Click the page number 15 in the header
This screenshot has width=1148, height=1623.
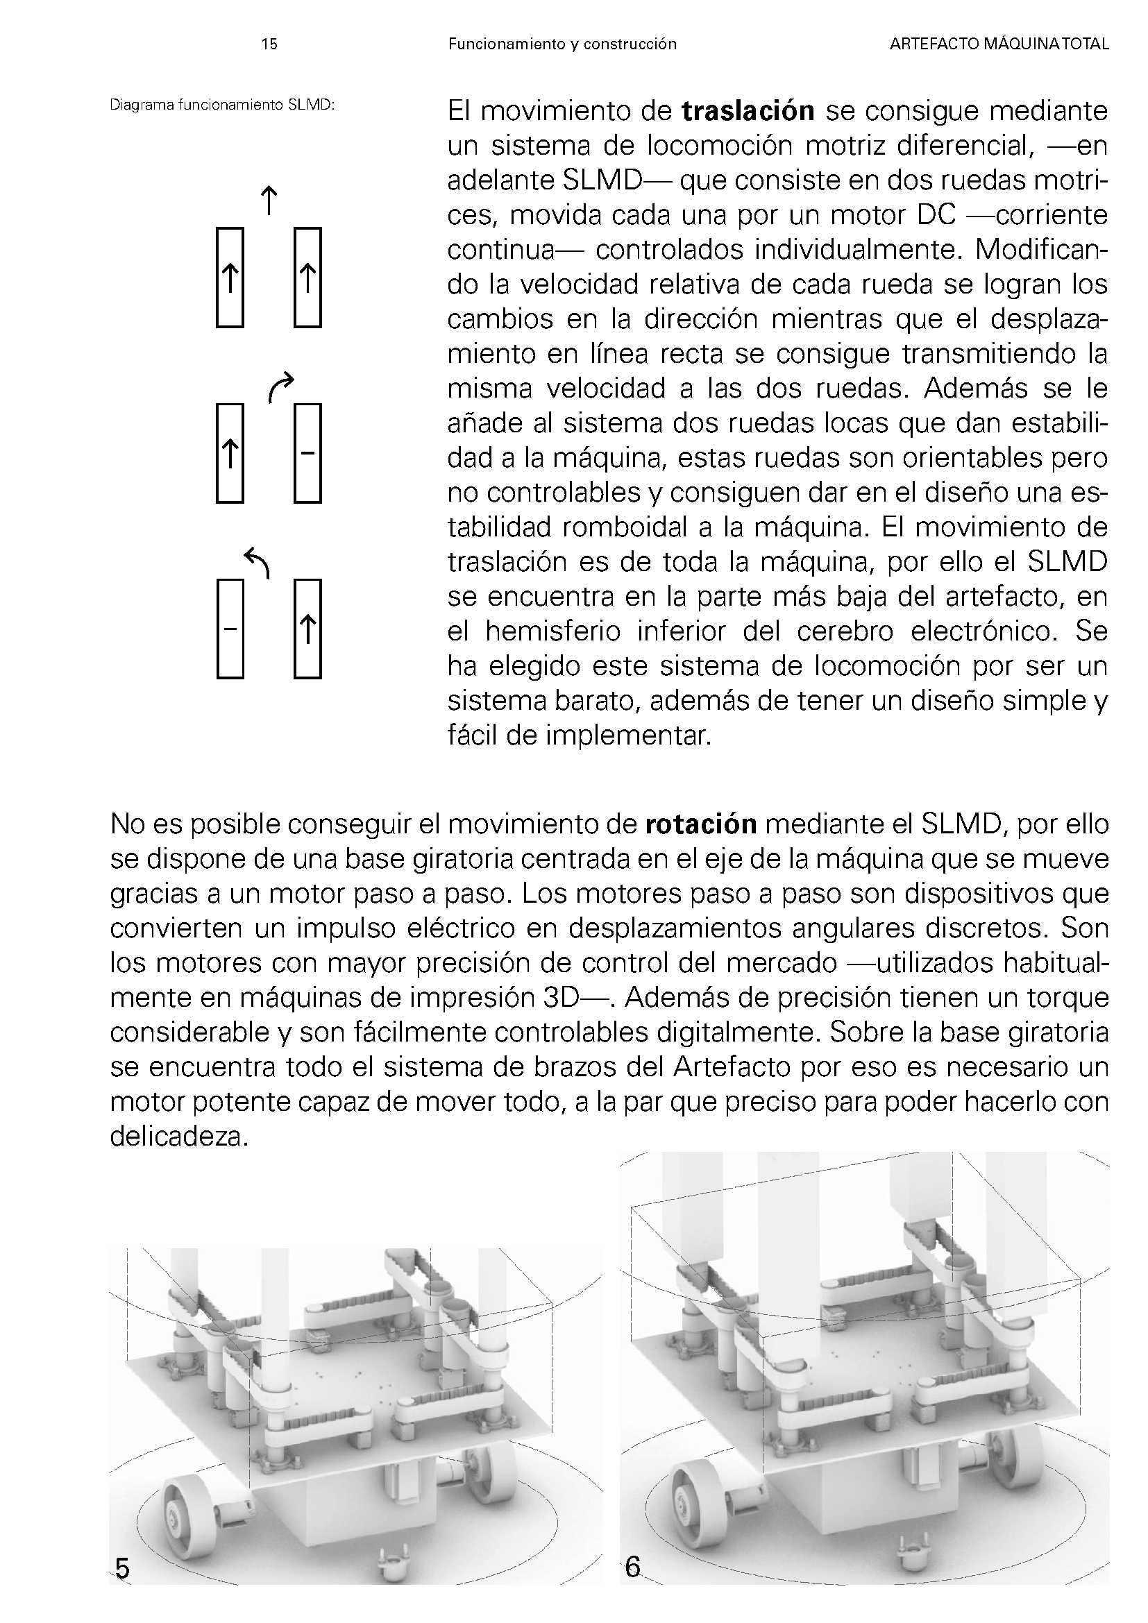[x=269, y=44]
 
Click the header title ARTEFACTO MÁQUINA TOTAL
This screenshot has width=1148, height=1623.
[x=999, y=44]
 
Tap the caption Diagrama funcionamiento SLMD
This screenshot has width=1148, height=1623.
[x=222, y=105]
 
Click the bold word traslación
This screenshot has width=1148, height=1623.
[x=748, y=112]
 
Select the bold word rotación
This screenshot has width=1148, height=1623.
[x=701, y=824]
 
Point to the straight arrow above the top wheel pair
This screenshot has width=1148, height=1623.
[x=269, y=200]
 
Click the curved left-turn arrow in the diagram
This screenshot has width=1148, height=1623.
[x=258, y=563]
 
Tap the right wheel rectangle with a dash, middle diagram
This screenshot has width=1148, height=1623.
[x=307, y=452]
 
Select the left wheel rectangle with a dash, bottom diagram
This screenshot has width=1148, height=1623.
[x=230, y=629]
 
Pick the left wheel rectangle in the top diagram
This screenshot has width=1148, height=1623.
[x=230, y=277]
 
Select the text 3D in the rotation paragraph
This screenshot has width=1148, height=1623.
[x=562, y=997]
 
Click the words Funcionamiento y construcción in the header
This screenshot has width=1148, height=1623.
[x=562, y=44]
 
